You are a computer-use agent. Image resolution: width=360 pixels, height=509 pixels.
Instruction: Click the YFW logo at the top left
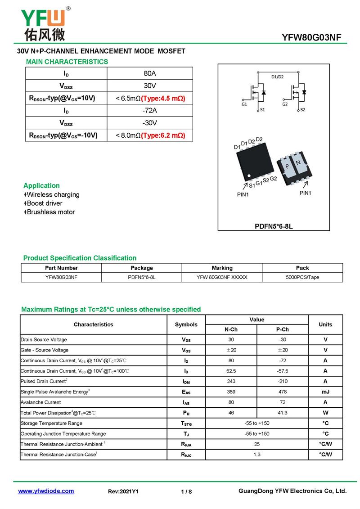tap(44, 24)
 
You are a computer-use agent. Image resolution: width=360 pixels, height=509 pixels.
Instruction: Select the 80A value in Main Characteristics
tap(150, 73)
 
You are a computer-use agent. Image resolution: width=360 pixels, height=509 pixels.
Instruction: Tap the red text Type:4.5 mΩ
tap(163, 99)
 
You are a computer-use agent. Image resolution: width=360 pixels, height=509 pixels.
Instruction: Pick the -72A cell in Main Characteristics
tap(150, 111)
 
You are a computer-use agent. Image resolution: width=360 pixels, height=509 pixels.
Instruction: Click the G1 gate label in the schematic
tap(244, 104)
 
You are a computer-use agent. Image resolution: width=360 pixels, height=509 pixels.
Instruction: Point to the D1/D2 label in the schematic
tap(278, 77)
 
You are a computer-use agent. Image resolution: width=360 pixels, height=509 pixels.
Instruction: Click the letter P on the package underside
tap(287, 167)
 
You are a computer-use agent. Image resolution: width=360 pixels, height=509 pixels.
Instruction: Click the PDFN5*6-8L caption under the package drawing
tap(274, 226)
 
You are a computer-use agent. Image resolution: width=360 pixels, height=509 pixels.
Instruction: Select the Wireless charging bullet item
tap(53, 194)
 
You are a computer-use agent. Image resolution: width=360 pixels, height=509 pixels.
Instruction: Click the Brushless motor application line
tap(51, 212)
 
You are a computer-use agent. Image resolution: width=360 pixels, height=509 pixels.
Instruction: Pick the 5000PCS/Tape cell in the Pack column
tap(302, 277)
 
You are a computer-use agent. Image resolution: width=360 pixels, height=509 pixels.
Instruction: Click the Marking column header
tap(222, 268)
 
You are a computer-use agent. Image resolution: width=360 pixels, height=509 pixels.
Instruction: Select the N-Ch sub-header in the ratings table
tap(231, 329)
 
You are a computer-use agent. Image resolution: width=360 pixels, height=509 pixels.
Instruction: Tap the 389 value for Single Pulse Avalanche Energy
tap(231, 392)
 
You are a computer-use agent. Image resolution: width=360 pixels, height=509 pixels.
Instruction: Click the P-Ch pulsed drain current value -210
tap(282, 382)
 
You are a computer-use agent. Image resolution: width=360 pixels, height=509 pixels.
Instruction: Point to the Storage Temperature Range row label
tap(52, 423)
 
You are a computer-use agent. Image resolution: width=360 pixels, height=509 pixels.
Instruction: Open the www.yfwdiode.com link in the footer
tap(46, 491)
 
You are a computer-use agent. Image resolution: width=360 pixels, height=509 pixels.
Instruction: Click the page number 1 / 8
tap(186, 491)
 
